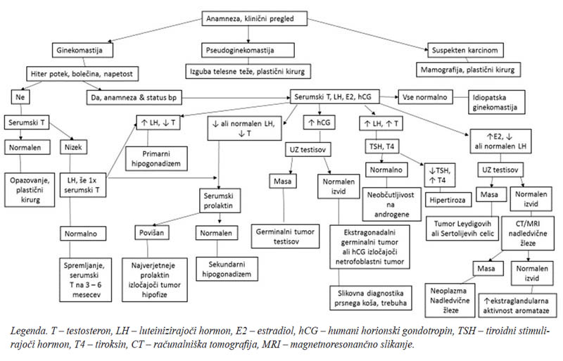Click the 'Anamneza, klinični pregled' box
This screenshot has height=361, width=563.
click(x=255, y=19)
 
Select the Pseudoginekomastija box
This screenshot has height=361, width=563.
click(x=248, y=50)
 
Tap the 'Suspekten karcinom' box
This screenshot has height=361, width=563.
click(x=465, y=50)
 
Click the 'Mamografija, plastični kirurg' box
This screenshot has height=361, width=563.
click(x=468, y=70)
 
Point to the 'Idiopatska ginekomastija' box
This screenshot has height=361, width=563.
click(x=497, y=102)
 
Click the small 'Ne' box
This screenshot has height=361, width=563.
click(x=20, y=97)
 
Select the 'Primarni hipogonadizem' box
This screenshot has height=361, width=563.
click(x=156, y=158)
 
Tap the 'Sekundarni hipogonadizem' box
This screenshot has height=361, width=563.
click(x=227, y=269)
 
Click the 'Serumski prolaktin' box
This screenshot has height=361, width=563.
click(x=220, y=201)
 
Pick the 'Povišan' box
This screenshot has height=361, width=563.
click(x=152, y=232)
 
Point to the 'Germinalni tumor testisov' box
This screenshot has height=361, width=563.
click(x=286, y=236)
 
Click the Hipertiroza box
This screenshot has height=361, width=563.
click(x=448, y=200)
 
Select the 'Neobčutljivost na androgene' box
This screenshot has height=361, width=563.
click(x=392, y=204)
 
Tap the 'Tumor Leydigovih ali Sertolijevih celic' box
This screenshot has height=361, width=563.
click(x=463, y=229)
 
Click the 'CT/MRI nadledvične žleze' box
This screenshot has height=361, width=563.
click(x=527, y=233)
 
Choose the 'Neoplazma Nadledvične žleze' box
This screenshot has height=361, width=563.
click(x=450, y=300)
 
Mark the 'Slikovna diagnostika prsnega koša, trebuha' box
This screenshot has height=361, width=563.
click(x=371, y=298)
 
